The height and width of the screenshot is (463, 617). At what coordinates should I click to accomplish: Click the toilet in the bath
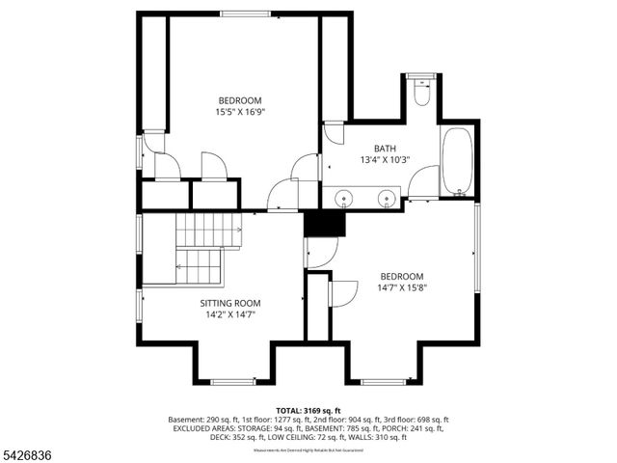421,94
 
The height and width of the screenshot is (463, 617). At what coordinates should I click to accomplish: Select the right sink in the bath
387,199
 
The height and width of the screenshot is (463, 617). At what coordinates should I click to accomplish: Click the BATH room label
385,148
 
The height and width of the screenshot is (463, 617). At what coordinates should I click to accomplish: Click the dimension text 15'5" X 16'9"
239,112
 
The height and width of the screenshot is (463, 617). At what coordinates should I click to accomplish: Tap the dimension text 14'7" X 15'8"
401,287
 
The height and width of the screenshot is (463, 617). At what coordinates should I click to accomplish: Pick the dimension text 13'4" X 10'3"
385,159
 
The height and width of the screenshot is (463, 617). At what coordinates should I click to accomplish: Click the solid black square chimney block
324,223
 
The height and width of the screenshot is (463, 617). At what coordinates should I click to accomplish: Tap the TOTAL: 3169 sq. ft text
308,411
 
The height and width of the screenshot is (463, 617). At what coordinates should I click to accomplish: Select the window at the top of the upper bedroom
245,14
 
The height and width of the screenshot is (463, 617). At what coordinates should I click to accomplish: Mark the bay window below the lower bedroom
383,382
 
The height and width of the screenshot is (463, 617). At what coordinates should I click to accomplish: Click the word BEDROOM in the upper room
239,100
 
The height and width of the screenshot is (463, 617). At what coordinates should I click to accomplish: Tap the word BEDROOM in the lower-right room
401,276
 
